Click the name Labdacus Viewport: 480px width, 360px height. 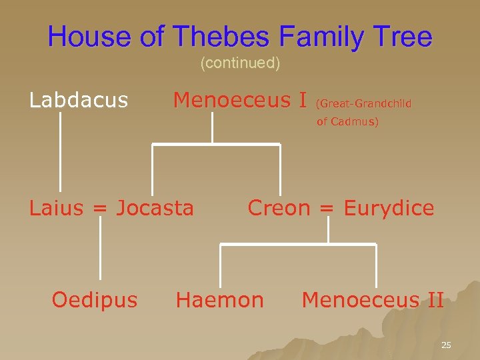tap(79, 100)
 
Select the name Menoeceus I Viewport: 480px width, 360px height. tap(240, 100)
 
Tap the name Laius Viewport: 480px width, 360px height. tap(56, 208)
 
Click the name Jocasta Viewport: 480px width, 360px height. tap(155, 208)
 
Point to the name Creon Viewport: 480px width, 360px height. tap(279, 208)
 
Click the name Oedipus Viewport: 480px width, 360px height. tap(95, 300)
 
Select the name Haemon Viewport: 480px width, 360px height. tap(219, 300)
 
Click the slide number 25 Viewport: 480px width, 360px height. tap(446, 345)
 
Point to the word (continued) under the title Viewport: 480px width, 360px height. tap(240, 63)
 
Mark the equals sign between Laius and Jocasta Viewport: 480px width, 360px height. tap(99, 209)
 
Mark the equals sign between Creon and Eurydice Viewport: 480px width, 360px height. tap(327, 209)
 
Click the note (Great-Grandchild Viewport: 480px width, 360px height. tap(363, 103)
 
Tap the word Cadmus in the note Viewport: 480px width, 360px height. tap(357, 122)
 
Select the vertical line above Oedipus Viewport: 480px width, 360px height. tap(101, 248)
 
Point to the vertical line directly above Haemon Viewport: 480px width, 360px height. tap(221, 267)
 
